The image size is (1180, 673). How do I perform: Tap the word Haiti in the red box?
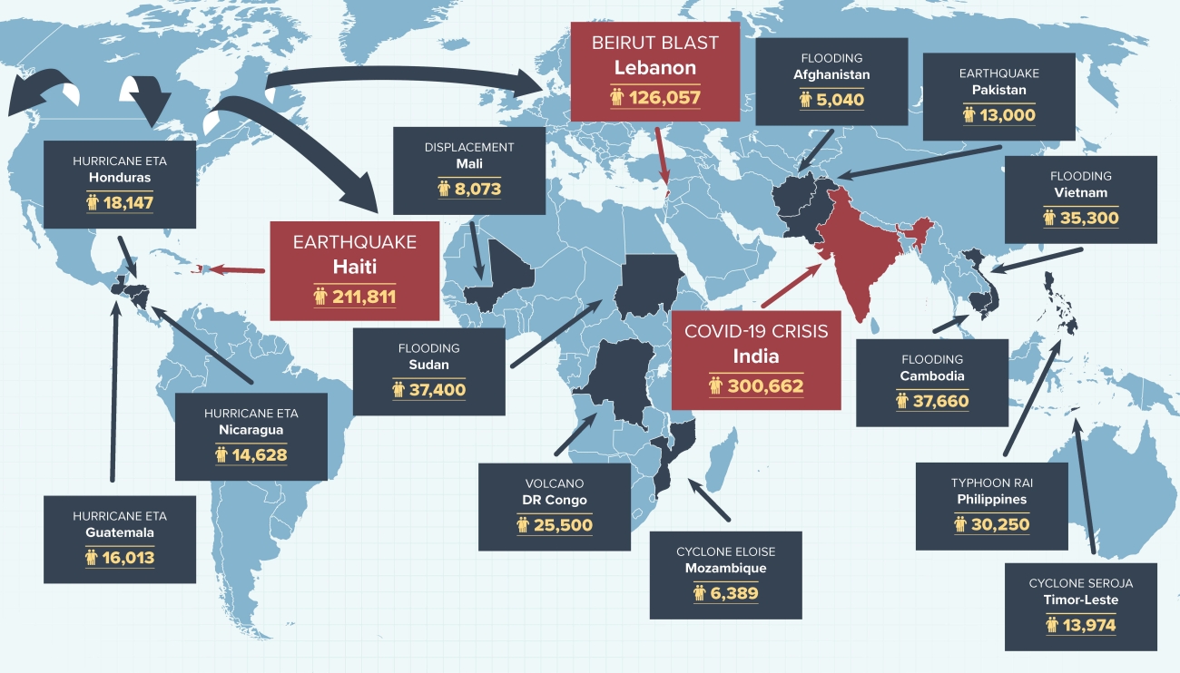(355, 268)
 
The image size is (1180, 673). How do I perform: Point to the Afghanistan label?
(831, 74)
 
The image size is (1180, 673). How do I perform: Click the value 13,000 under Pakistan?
(1007, 115)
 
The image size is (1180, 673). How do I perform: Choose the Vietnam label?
(1080, 192)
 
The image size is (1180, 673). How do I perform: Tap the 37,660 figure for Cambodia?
(940, 401)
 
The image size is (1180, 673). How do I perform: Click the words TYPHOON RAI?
(991, 483)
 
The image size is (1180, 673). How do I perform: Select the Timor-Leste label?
(1081, 600)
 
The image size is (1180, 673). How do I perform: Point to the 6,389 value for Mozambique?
(733, 593)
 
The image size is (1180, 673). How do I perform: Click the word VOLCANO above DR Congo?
(555, 483)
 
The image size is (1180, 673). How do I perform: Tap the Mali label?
(469, 163)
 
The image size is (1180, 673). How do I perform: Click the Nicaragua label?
(251, 430)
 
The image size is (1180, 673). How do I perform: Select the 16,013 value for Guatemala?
(128, 557)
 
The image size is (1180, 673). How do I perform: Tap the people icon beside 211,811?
(320, 296)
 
